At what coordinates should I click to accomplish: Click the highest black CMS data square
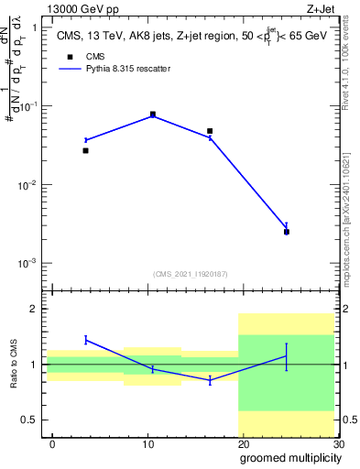coord(152,115)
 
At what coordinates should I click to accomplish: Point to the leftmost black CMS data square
coord(85,150)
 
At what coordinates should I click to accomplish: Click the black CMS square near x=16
coord(210,131)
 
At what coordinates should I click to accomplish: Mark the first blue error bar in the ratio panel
coord(85,340)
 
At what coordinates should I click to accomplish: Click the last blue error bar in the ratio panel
coord(287,356)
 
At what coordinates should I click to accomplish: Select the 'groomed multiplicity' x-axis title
coord(289,458)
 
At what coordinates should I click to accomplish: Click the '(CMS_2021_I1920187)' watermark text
coord(191,273)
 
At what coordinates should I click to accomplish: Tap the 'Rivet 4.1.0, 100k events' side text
coord(348,73)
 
